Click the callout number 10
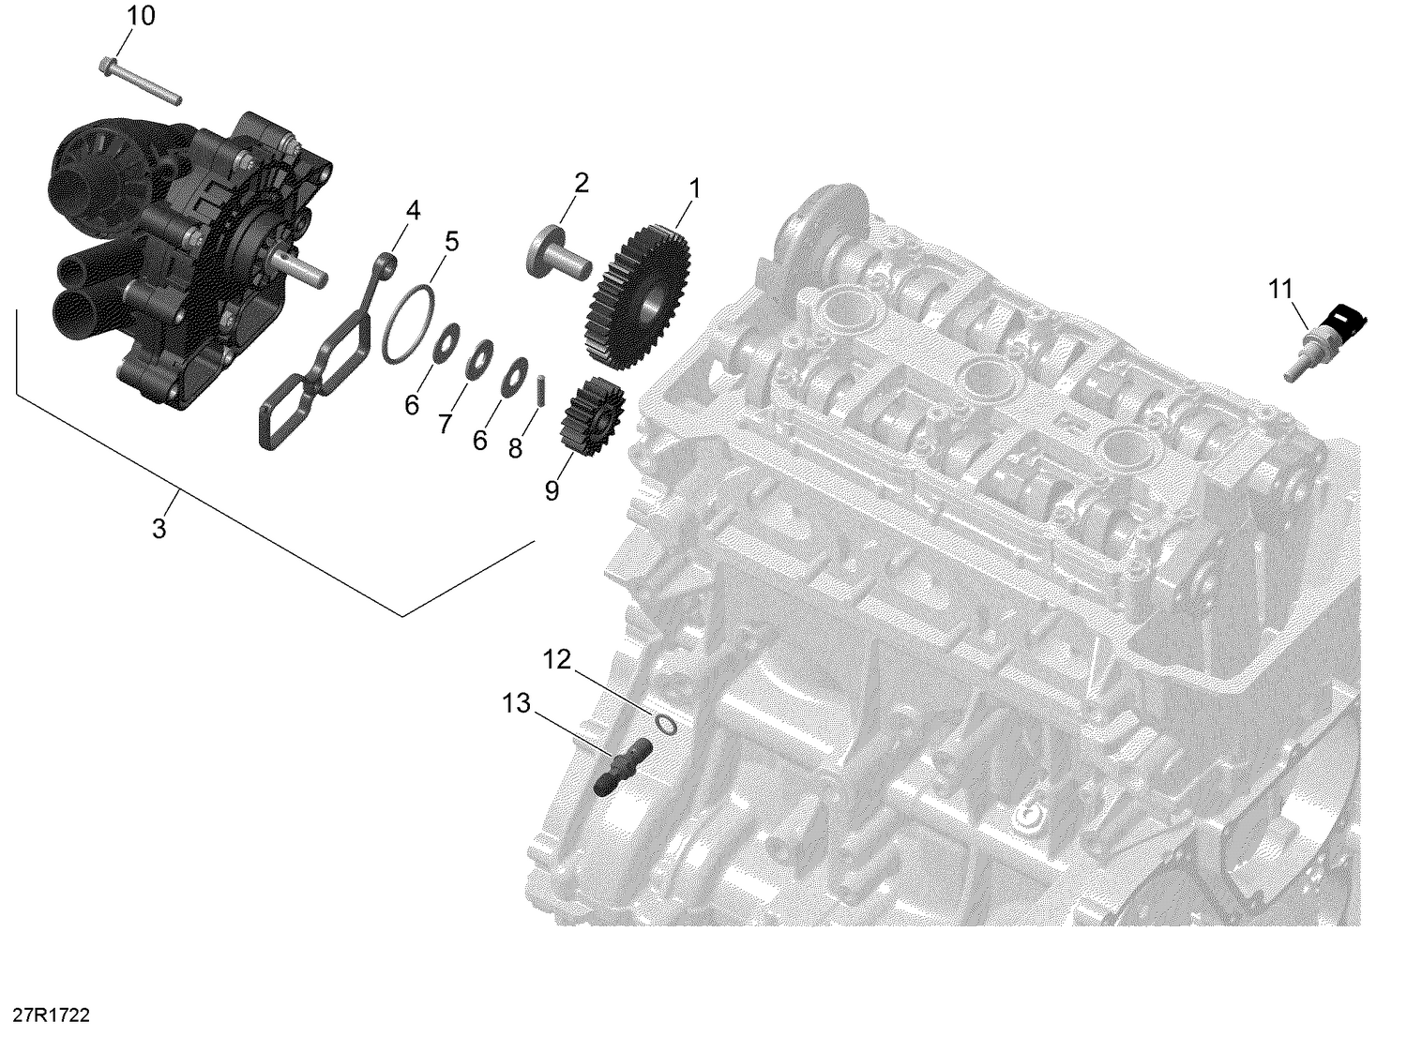(142, 16)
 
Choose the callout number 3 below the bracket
(159, 529)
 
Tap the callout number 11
(1281, 290)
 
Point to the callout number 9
(552, 489)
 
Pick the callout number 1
(694, 188)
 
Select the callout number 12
(557, 660)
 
